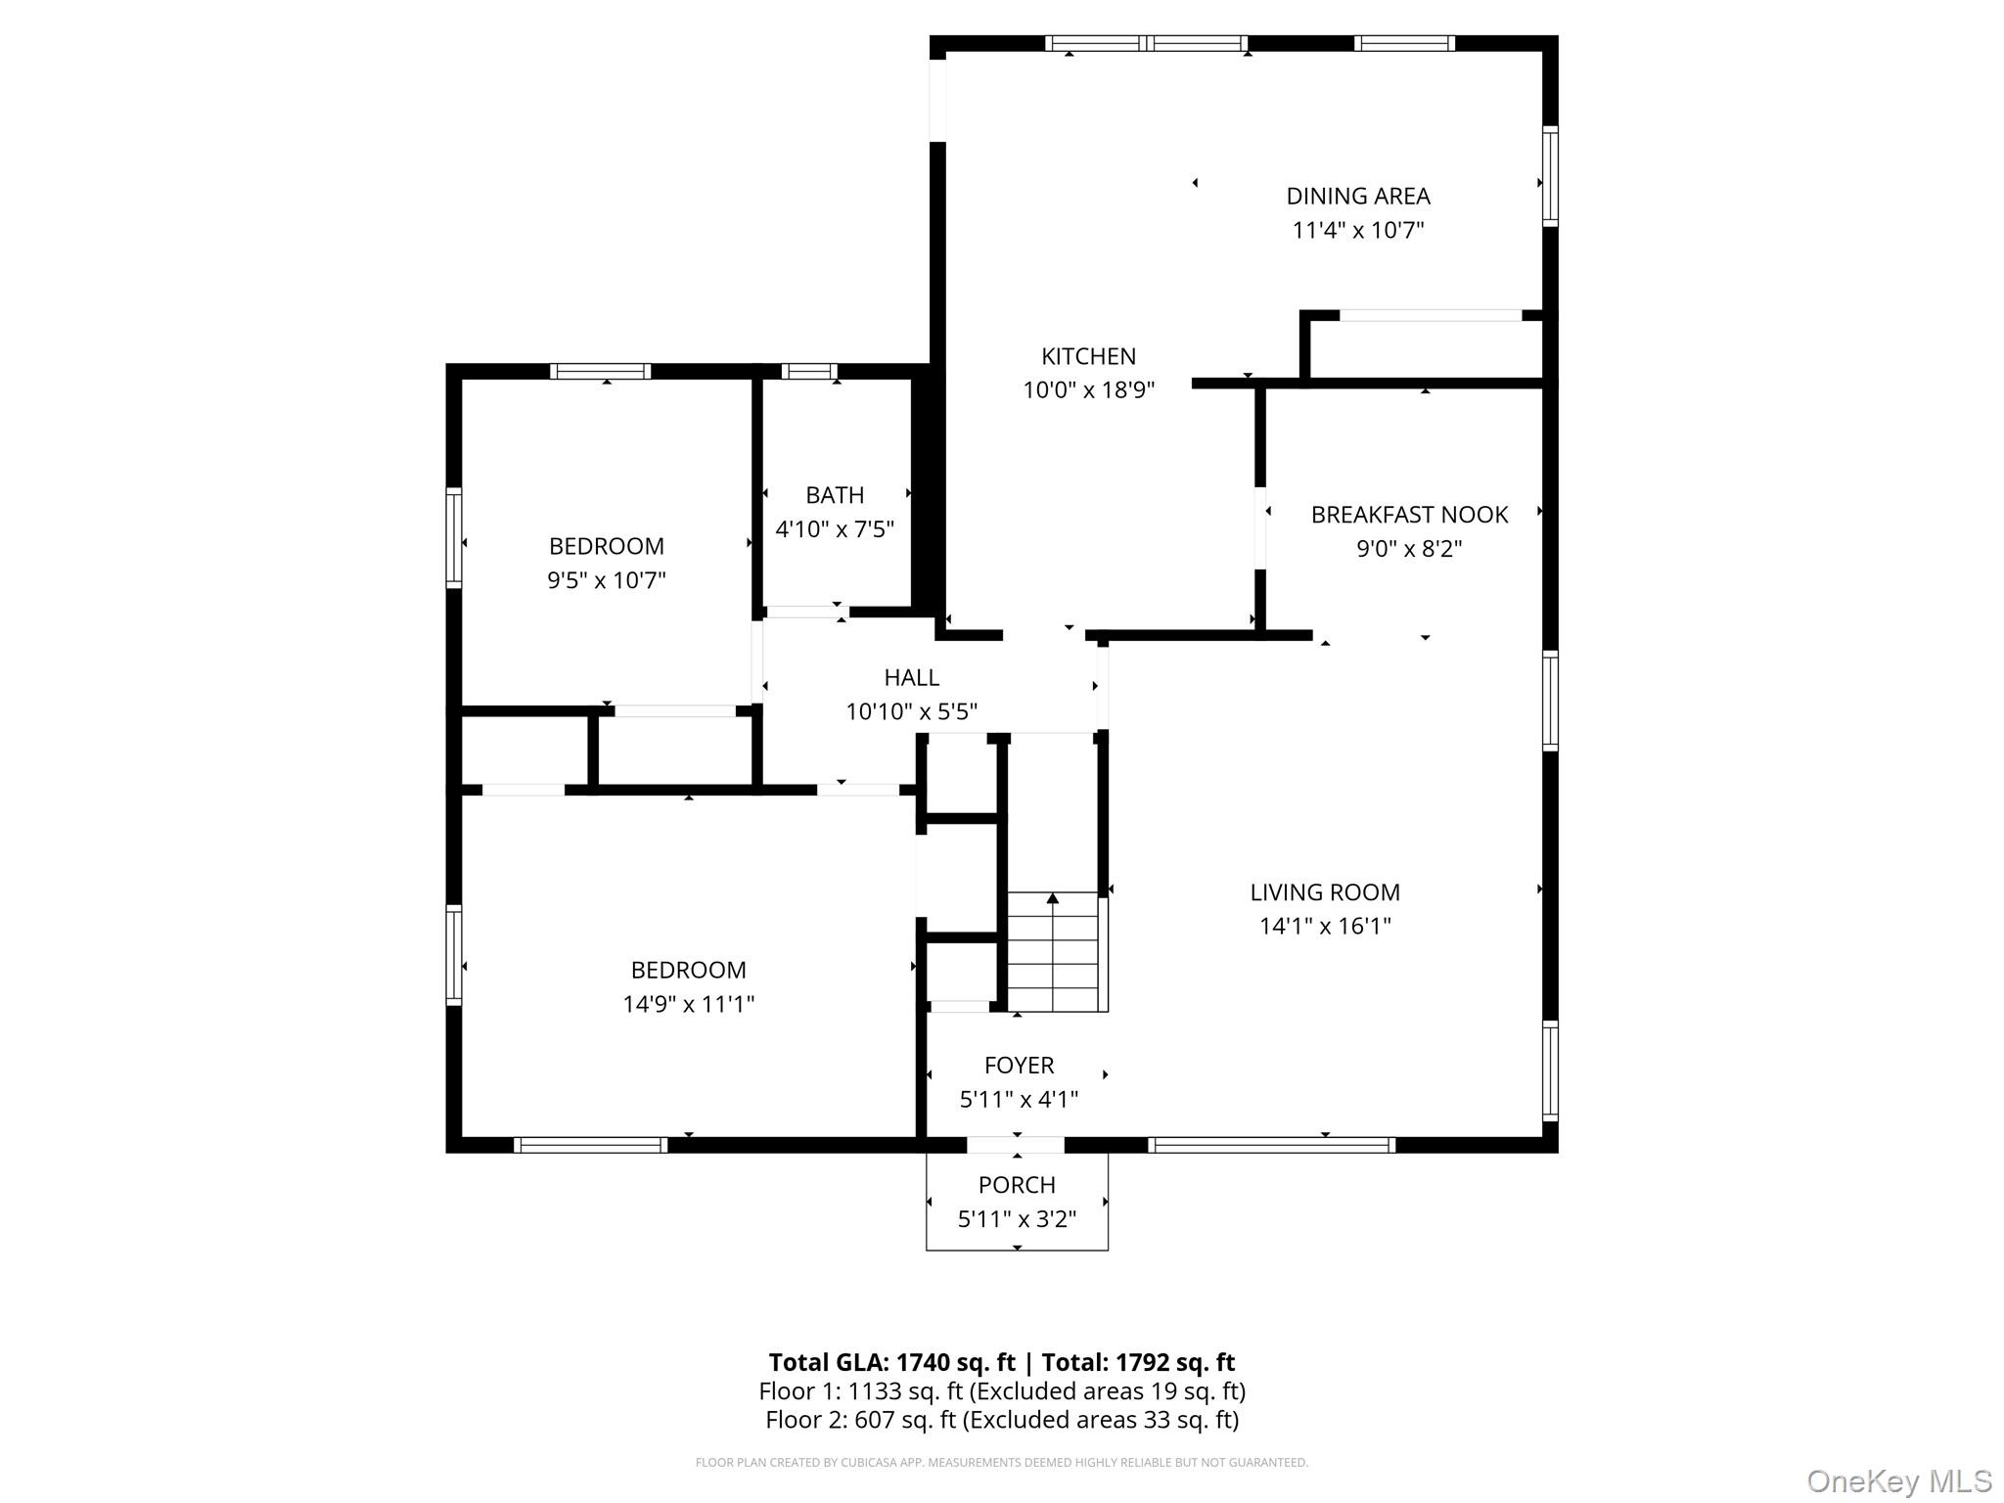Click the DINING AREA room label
tap(1357, 196)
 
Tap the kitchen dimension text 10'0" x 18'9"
tap(1088, 390)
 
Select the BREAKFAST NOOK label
tap(1409, 515)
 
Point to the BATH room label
tap(835, 495)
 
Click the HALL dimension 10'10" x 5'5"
tap(911, 711)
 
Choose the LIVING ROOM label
tap(1324, 892)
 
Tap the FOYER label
tap(1019, 1066)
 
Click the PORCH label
tap(1017, 1185)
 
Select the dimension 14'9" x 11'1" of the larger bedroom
tap(688, 1004)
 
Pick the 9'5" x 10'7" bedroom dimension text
tap(606, 580)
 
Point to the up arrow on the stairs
tap(1053, 898)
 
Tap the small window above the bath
tap(809, 372)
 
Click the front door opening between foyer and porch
tap(1016, 1145)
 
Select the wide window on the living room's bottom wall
tap(1271, 1145)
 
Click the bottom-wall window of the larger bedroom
tap(590, 1145)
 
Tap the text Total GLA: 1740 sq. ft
tap(891, 1362)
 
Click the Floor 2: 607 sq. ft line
tap(1001, 1420)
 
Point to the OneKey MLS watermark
tap(1898, 1481)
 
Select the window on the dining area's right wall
tap(1550, 177)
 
